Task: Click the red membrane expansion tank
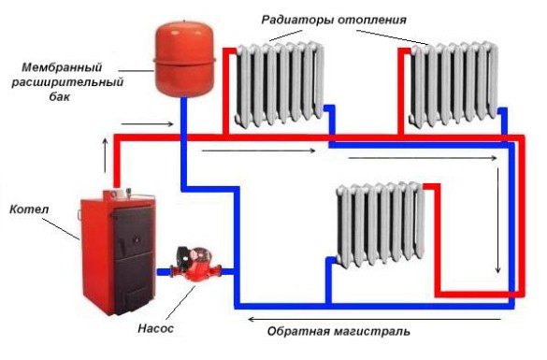[x=182, y=61]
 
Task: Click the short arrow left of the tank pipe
[x=148, y=122]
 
